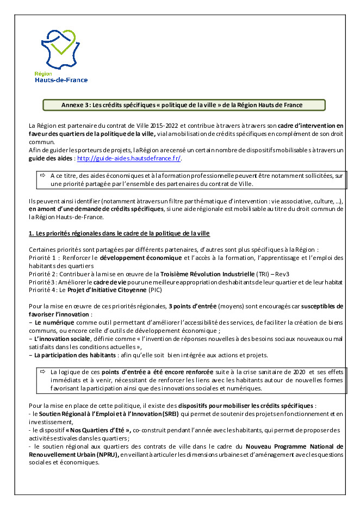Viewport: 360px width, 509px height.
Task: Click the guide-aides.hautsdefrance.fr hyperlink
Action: tap(129, 158)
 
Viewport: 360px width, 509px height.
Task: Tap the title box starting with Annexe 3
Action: tap(184, 104)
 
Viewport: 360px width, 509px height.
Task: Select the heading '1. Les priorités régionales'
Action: tap(119, 233)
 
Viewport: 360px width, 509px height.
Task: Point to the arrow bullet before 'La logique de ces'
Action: tap(42, 371)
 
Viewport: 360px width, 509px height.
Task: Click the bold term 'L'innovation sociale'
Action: tap(60, 339)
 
